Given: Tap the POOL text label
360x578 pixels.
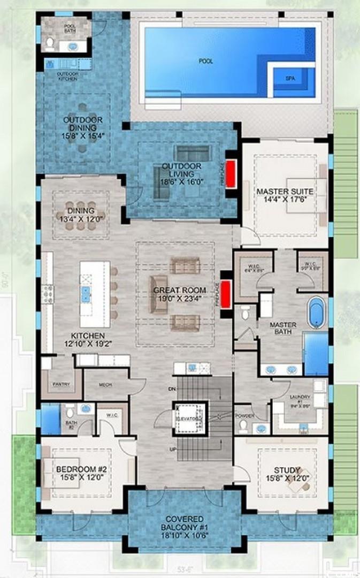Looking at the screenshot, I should pyautogui.click(x=206, y=62).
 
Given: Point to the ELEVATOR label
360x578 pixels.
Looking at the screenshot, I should pyautogui.click(x=189, y=417).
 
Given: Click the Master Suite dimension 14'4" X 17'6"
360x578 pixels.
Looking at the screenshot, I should pyautogui.click(x=285, y=201).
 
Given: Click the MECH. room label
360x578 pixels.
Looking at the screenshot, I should pyautogui.click(x=105, y=384).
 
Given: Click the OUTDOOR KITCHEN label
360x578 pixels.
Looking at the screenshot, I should pyautogui.click(x=67, y=76).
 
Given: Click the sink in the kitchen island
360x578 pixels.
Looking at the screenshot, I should pyautogui.click(x=86, y=293).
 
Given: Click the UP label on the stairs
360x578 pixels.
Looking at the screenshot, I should pyautogui.click(x=173, y=448).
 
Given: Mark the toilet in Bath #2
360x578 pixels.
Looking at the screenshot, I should pyautogui.click(x=70, y=412).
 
